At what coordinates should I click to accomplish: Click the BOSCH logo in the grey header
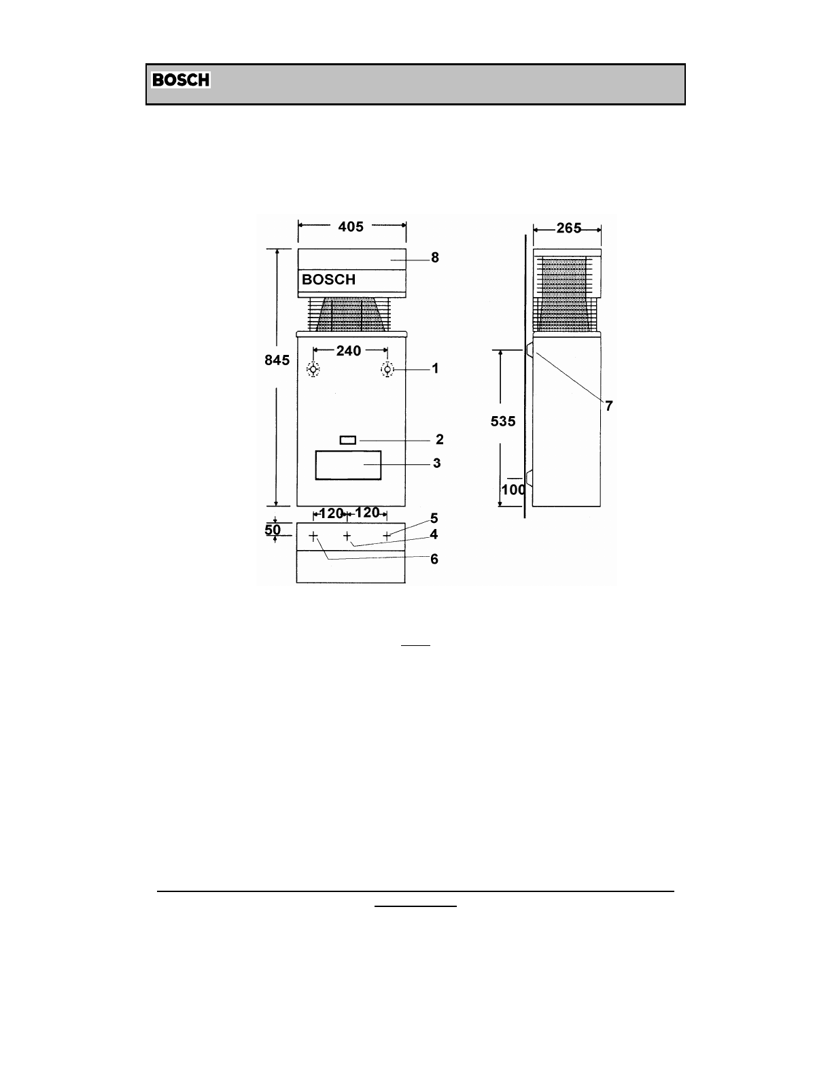point(181,80)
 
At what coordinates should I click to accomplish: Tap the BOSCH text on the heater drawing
point(328,279)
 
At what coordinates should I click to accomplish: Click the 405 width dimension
point(351,226)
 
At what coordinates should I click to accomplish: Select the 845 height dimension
point(277,360)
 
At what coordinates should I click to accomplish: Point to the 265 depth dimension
point(568,228)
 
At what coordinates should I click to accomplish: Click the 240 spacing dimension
point(349,351)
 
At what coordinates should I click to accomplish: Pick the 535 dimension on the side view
point(503,422)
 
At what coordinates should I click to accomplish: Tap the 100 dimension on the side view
point(513,490)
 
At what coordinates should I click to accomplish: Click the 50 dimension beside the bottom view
point(273,530)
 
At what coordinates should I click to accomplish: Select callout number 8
point(434,258)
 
